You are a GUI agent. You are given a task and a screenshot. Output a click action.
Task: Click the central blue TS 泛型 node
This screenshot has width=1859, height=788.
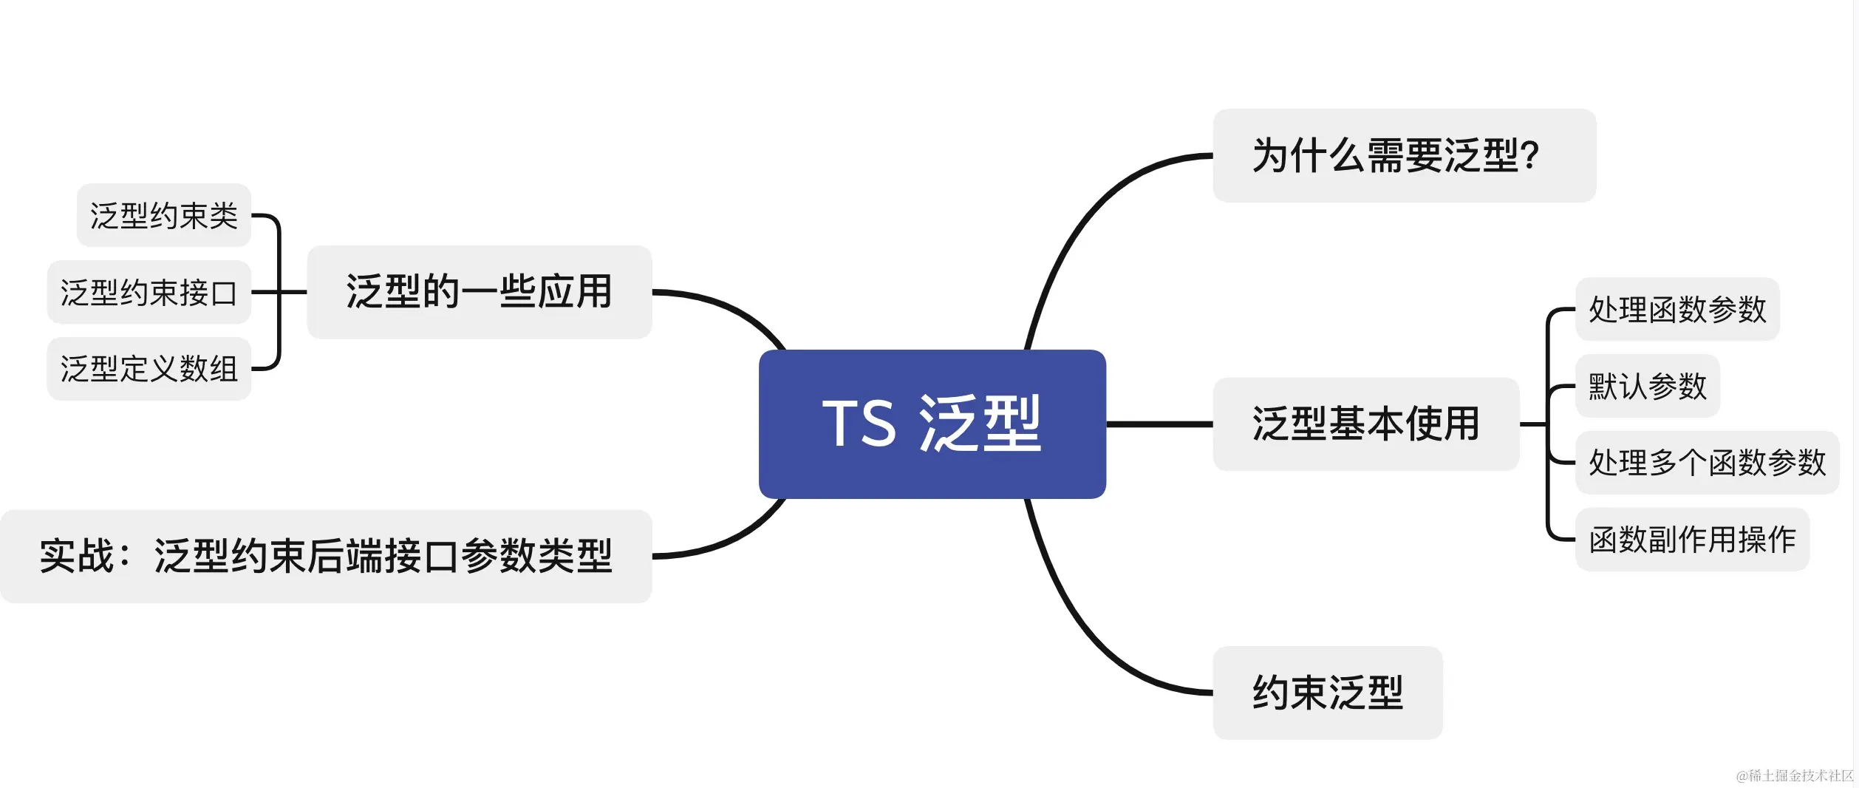(932, 424)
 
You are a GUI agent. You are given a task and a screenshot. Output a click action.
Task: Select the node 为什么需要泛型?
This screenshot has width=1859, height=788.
(1404, 156)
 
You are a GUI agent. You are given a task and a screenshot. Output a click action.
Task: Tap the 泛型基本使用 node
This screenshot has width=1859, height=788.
(1365, 424)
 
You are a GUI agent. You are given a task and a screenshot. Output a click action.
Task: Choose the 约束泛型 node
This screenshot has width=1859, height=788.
(1327, 693)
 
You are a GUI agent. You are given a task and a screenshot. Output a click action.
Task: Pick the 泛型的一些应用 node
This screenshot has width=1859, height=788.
(479, 292)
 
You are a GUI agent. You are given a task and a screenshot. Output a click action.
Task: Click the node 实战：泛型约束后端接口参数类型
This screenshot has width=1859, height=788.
(326, 556)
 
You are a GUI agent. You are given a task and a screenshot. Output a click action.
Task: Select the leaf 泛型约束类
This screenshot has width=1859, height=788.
(163, 215)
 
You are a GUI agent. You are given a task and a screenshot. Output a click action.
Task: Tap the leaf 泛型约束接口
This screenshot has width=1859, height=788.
(149, 292)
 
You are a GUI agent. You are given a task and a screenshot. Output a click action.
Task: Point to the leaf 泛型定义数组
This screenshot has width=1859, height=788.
(149, 369)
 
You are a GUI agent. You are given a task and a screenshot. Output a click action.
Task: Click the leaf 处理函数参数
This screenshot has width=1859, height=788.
(1677, 309)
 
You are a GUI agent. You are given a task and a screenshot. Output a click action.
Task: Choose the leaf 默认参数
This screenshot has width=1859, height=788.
(1648, 386)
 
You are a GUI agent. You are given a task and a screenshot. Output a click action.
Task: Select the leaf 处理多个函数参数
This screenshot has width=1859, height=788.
(1707, 463)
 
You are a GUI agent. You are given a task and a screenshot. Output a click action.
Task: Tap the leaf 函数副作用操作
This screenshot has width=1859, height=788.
(1692, 540)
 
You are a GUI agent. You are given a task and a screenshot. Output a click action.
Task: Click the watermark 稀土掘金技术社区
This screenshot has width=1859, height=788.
(1795, 775)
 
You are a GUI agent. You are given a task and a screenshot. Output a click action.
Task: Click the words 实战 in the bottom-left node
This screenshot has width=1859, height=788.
(77, 556)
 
